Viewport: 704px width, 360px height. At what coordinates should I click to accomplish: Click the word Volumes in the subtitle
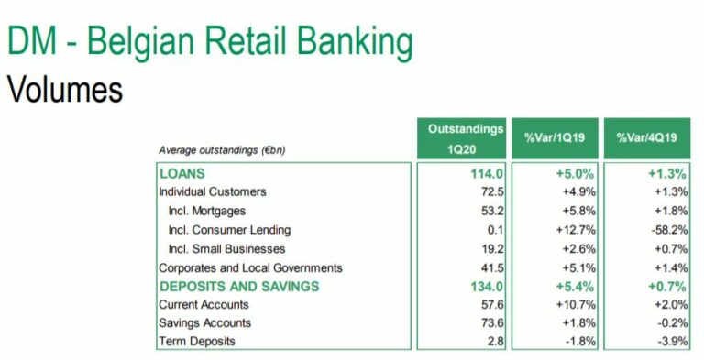pyautogui.click(x=65, y=90)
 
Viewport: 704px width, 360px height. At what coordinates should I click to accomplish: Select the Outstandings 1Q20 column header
pyautogui.click(x=462, y=138)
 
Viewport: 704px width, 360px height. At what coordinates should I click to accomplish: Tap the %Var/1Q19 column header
pyautogui.click(x=555, y=137)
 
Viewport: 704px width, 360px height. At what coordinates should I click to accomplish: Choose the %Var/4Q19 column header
pyautogui.click(x=647, y=137)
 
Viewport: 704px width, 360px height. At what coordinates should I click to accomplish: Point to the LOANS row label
pyautogui.click(x=182, y=173)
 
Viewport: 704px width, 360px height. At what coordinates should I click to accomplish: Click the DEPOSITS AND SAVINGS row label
pyautogui.click(x=239, y=287)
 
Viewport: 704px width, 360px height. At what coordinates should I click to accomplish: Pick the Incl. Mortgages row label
pyautogui.click(x=207, y=211)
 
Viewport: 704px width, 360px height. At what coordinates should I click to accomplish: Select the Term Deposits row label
pyautogui.click(x=197, y=341)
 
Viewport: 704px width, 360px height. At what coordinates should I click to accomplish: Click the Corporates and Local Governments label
pyautogui.click(x=250, y=268)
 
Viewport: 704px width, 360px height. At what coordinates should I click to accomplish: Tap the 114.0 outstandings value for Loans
pyautogui.click(x=487, y=173)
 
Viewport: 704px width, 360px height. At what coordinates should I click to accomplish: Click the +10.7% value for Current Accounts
pyautogui.click(x=576, y=305)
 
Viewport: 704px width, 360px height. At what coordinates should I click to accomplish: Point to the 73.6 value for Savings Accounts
pyautogui.click(x=492, y=323)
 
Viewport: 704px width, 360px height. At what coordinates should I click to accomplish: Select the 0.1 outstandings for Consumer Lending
pyautogui.click(x=495, y=230)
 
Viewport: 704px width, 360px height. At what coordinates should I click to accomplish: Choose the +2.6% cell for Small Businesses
pyautogui.click(x=578, y=248)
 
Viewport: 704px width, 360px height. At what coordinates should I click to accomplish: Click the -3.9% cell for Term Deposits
pyautogui.click(x=672, y=341)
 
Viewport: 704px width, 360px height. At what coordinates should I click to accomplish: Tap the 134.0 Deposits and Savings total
pyautogui.click(x=487, y=287)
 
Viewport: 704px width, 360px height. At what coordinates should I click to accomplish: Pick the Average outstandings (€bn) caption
pyautogui.click(x=222, y=150)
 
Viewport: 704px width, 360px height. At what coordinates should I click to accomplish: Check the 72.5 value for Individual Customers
pyautogui.click(x=492, y=192)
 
